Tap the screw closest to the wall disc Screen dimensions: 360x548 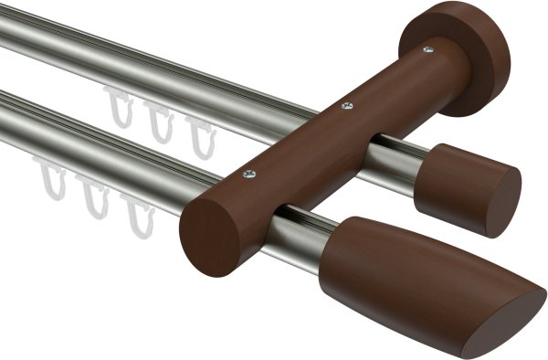tap(427, 51)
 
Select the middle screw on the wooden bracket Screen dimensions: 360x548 tap(345, 107)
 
